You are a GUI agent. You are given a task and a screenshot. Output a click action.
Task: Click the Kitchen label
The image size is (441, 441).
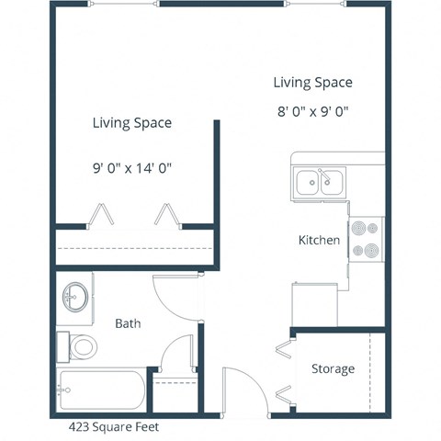(x=319, y=241)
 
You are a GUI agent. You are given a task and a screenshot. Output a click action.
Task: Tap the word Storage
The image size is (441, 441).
(x=332, y=369)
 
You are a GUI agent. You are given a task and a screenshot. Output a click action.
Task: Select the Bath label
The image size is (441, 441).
(x=128, y=323)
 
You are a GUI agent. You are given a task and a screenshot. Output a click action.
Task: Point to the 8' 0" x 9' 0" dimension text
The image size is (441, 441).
(x=312, y=112)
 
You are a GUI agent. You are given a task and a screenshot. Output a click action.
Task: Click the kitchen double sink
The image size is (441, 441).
(x=319, y=182)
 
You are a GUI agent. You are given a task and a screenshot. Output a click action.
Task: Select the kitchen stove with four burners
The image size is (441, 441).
(x=365, y=238)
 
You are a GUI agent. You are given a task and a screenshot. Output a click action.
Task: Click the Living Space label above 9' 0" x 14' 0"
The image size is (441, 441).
(x=132, y=122)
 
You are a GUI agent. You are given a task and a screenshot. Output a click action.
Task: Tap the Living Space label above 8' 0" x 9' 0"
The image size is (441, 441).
(x=312, y=83)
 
